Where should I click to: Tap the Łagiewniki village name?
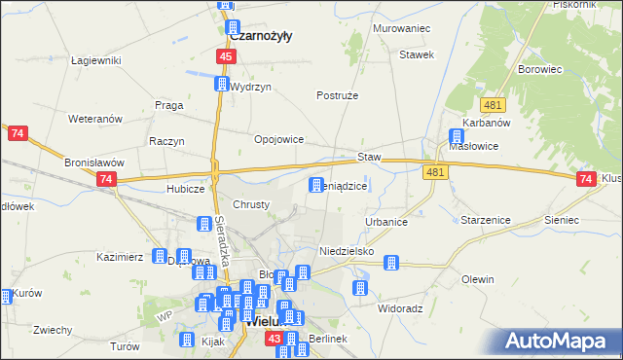tap(95, 60)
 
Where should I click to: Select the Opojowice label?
tap(279, 139)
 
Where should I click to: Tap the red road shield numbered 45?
tap(226, 58)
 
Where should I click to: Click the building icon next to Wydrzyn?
tap(222, 86)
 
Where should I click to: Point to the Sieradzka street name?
tap(221, 234)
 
